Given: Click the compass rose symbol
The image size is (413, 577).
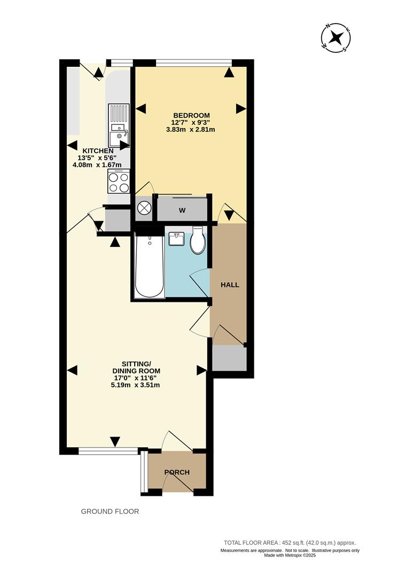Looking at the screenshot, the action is click(336, 37).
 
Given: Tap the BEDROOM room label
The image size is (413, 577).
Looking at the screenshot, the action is click(192, 115).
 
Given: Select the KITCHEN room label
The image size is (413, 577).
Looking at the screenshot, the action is click(98, 151).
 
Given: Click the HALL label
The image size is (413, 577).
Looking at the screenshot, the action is click(230, 285).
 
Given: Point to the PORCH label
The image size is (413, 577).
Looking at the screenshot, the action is click(177, 472).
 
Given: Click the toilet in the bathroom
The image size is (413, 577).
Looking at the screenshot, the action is click(198, 240).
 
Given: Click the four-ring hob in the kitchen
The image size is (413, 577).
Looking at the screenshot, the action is click(119, 181).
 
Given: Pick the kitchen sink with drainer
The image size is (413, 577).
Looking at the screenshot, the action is click(119, 125).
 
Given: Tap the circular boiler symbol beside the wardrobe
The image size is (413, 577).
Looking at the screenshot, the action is click(144, 207).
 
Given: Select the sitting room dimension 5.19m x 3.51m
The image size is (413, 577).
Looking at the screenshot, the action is click(136, 385).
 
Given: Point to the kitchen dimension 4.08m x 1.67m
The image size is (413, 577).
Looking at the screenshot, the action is click(98, 165).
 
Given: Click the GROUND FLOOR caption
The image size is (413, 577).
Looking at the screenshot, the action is click(110, 511).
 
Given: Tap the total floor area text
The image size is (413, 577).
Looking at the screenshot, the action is click(290, 542).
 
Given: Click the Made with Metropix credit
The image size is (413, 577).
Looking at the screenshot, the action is click(290, 555).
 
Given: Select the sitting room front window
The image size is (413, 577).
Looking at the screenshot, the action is click(108, 451).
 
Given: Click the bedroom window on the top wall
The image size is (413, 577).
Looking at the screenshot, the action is click(194, 63).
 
